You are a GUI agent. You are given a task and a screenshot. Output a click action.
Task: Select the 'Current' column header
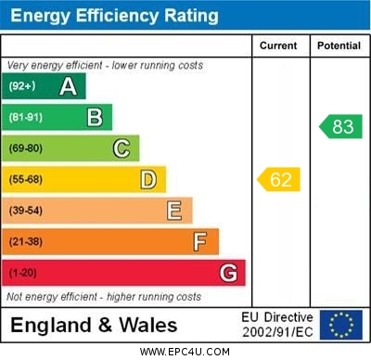pyautogui.click(x=278, y=45)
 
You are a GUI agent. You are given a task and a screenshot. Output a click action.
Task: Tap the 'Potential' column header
pyautogui.click(x=339, y=45)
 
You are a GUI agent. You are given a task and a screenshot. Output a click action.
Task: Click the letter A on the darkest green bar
pyautogui.click(x=68, y=86)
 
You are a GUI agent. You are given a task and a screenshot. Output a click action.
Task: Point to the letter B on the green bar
pyautogui.click(x=95, y=117)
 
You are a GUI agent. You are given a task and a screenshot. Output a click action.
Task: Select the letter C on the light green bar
pyautogui.click(x=122, y=148)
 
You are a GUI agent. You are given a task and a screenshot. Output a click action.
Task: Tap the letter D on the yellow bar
pyautogui.click(x=148, y=179)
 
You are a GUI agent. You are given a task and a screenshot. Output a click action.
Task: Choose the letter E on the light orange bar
pyautogui.click(x=174, y=211)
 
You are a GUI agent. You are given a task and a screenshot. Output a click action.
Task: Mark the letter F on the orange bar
pyautogui.click(x=200, y=242)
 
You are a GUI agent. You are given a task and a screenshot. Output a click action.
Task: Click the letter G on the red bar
pyautogui.click(x=228, y=274)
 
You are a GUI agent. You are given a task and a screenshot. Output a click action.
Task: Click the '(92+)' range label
pyautogui.click(x=23, y=87)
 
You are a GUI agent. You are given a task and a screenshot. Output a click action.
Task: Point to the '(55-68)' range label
pyautogui.click(x=26, y=180)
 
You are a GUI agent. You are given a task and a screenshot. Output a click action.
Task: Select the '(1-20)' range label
pyautogui.click(x=23, y=274)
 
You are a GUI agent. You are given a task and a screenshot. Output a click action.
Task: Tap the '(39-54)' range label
pyautogui.click(x=26, y=212)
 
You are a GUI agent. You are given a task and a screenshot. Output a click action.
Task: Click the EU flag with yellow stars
pyautogui.click(x=341, y=325)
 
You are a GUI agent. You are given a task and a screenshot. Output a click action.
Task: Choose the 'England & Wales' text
pyautogui.click(x=94, y=326)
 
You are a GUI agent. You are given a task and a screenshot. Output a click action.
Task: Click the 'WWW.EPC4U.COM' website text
pyautogui.click(x=185, y=352)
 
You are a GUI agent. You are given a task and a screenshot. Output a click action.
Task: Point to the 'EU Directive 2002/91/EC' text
pyautogui.click(x=277, y=325)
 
